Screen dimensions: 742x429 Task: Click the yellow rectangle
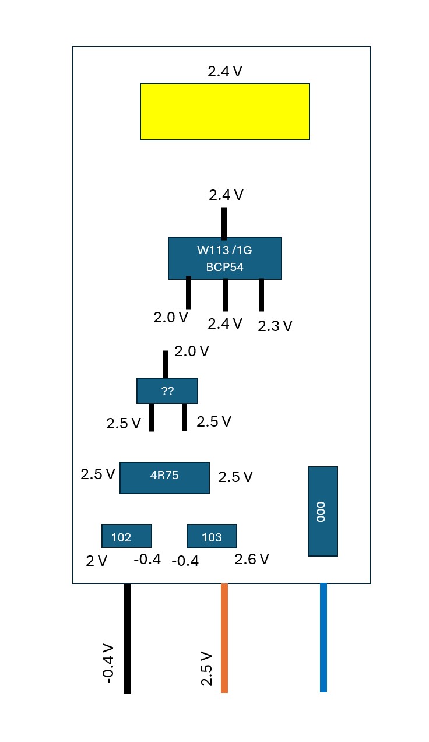click(x=224, y=111)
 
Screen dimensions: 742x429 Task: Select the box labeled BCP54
click(x=224, y=258)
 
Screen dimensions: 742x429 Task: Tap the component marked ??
click(x=167, y=391)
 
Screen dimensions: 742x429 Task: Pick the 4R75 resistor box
click(x=164, y=477)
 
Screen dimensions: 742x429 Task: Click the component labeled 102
click(x=126, y=536)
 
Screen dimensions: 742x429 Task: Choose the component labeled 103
click(x=212, y=536)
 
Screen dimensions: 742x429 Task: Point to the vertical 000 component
click(x=322, y=511)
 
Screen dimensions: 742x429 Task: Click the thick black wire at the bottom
click(x=128, y=638)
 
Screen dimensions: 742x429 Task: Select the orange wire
click(x=224, y=638)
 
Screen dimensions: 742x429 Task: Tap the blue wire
click(x=323, y=638)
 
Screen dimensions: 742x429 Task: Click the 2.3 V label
click(x=275, y=326)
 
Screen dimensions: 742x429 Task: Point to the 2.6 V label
click(x=252, y=560)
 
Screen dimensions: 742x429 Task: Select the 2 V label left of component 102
click(x=97, y=561)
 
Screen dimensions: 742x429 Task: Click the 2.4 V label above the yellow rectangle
click(x=225, y=72)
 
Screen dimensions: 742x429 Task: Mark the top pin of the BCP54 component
click(x=224, y=223)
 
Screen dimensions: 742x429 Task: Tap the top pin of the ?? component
click(x=166, y=364)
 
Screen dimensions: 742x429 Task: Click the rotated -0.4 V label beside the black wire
click(x=107, y=663)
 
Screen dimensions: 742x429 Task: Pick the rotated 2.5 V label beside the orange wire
click(x=206, y=668)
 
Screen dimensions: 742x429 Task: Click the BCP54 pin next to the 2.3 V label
click(x=261, y=295)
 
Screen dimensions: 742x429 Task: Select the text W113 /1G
click(x=224, y=251)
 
